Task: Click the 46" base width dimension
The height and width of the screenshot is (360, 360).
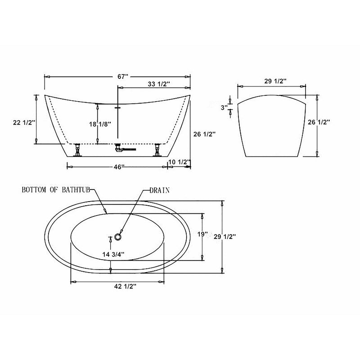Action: (119, 166)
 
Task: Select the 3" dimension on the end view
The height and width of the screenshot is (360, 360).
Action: (224, 107)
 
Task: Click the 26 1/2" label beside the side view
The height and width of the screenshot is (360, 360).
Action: (204, 134)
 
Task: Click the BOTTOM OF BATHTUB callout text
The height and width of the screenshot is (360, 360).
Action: (58, 190)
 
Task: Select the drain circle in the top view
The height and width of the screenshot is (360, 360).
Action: (119, 235)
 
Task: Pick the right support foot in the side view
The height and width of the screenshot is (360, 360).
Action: (157, 150)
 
